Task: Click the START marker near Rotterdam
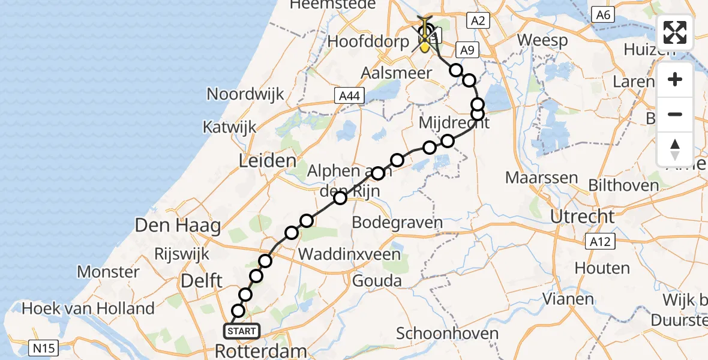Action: coord(242,331)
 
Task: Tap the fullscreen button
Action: coord(675,32)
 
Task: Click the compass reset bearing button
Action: coord(675,149)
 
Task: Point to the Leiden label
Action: coord(268,161)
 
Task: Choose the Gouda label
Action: coord(377,280)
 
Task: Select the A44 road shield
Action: coord(347,95)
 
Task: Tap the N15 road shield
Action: coord(40,346)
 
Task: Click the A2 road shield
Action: coord(478,20)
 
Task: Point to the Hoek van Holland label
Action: coord(88,309)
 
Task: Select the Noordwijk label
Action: coord(245,94)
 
